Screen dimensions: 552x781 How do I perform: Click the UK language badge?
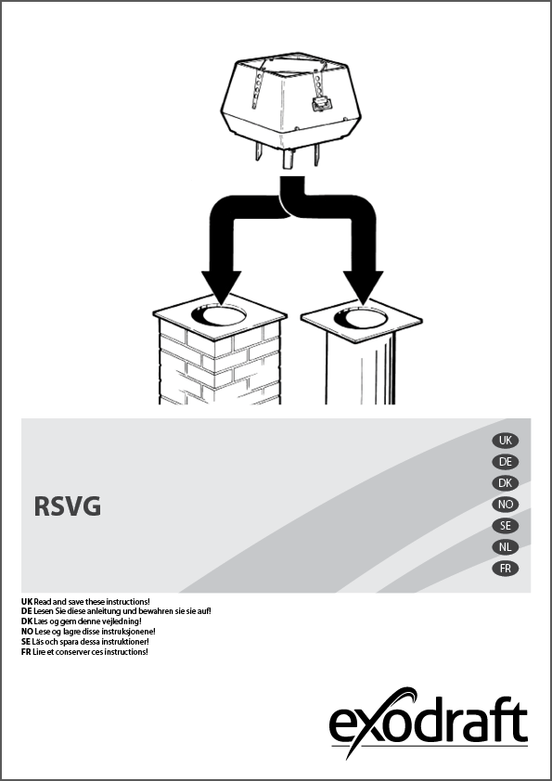(506, 441)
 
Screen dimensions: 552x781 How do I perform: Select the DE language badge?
(506, 462)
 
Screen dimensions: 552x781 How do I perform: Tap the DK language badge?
(506, 483)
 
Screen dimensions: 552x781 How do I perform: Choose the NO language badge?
(506, 505)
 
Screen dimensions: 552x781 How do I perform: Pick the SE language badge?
(506, 526)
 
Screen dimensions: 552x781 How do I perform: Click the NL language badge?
(506, 547)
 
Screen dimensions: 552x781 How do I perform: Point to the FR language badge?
(506, 569)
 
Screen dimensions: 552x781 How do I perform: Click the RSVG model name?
(67, 506)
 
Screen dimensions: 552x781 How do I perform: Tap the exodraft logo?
(429, 722)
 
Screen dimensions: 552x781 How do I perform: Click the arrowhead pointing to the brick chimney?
(221, 286)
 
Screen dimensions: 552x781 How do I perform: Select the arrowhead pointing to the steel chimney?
(363, 286)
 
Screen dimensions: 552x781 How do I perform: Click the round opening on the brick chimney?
(219, 315)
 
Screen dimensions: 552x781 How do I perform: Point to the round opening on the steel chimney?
(361, 318)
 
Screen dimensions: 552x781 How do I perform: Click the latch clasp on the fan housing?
(319, 104)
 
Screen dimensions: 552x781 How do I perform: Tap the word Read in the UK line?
(42, 602)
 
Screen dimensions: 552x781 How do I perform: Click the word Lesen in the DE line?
(44, 611)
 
